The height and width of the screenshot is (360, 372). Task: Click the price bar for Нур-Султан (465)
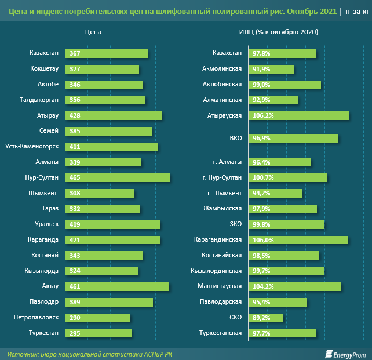coord(118,178)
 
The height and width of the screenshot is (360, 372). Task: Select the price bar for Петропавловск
coord(98,317)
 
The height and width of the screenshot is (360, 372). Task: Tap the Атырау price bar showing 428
coord(114,116)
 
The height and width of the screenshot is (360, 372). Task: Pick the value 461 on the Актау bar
coord(75,286)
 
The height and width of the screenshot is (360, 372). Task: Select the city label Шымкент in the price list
coord(43,193)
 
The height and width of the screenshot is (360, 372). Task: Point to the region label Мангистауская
coord(220,286)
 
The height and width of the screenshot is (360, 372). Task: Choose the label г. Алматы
coord(226,162)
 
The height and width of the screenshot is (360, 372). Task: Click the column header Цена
coord(93,32)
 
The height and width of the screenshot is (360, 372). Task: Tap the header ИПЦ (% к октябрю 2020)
coord(278,32)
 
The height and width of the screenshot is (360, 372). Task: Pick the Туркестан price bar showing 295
coord(99,333)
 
